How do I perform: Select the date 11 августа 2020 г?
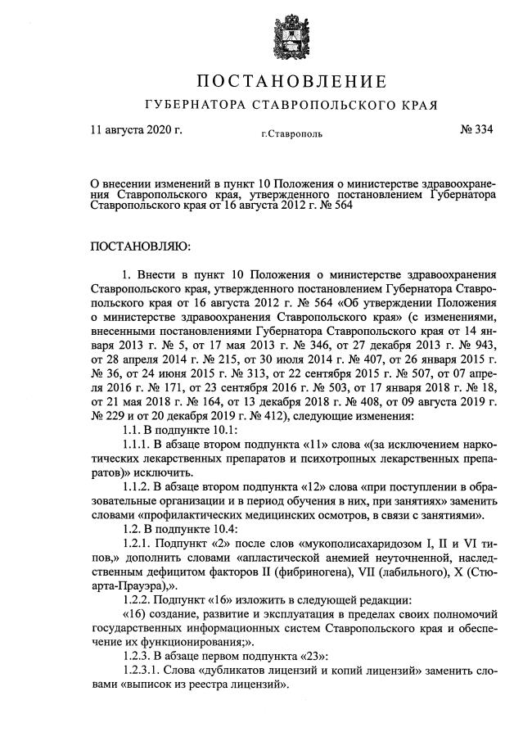pos(136,129)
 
